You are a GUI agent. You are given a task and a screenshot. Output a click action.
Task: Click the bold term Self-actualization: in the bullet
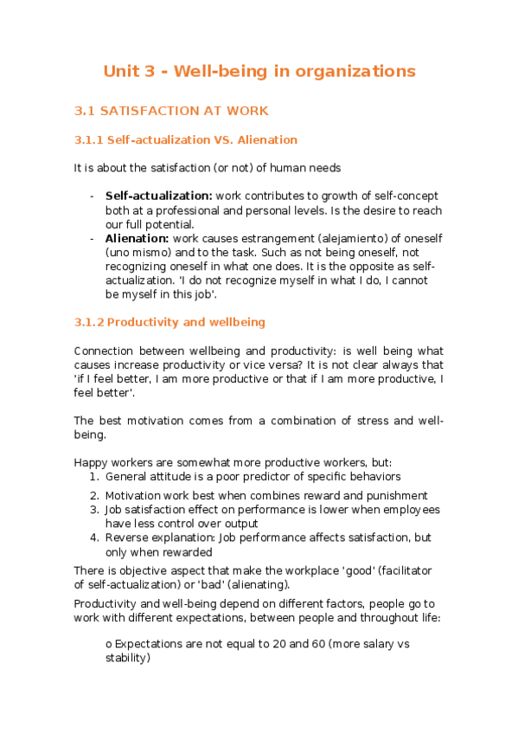coord(158,196)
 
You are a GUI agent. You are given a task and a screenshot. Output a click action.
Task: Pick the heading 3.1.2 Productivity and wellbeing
coord(169,322)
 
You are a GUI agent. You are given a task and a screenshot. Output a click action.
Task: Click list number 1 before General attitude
coord(94,476)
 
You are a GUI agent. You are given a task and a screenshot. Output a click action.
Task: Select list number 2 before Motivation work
coord(94,496)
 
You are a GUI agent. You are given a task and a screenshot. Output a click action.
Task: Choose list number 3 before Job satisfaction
coord(94,510)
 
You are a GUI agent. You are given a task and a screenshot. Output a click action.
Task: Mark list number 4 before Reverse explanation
coord(94,538)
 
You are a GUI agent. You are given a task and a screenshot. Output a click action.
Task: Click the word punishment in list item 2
coord(395,496)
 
